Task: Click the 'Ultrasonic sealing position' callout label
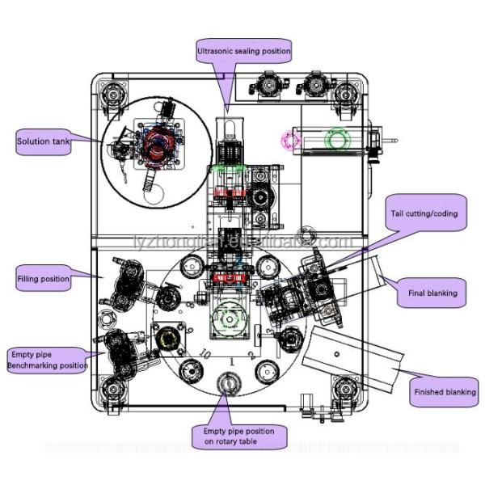(243, 51)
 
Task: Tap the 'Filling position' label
(43, 279)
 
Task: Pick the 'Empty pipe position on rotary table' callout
(233, 436)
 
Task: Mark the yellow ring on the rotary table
(168, 338)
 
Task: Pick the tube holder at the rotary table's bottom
(230, 382)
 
